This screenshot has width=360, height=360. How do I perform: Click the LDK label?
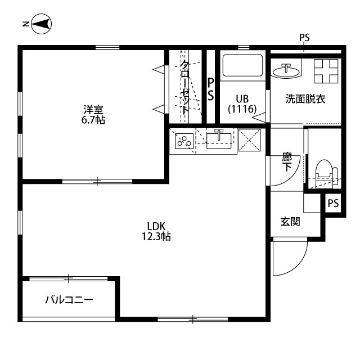(156, 226)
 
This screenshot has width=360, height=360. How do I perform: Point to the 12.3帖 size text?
(156, 237)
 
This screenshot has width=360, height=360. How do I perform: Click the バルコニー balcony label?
(69, 300)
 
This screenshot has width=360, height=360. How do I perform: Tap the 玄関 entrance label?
(290, 222)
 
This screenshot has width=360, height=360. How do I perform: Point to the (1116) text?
(242, 109)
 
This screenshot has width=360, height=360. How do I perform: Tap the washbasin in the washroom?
(287, 71)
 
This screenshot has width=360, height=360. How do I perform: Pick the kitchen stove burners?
(183, 141)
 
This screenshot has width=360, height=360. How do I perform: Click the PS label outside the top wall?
(304, 38)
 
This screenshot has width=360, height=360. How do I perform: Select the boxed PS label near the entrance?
(333, 203)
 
